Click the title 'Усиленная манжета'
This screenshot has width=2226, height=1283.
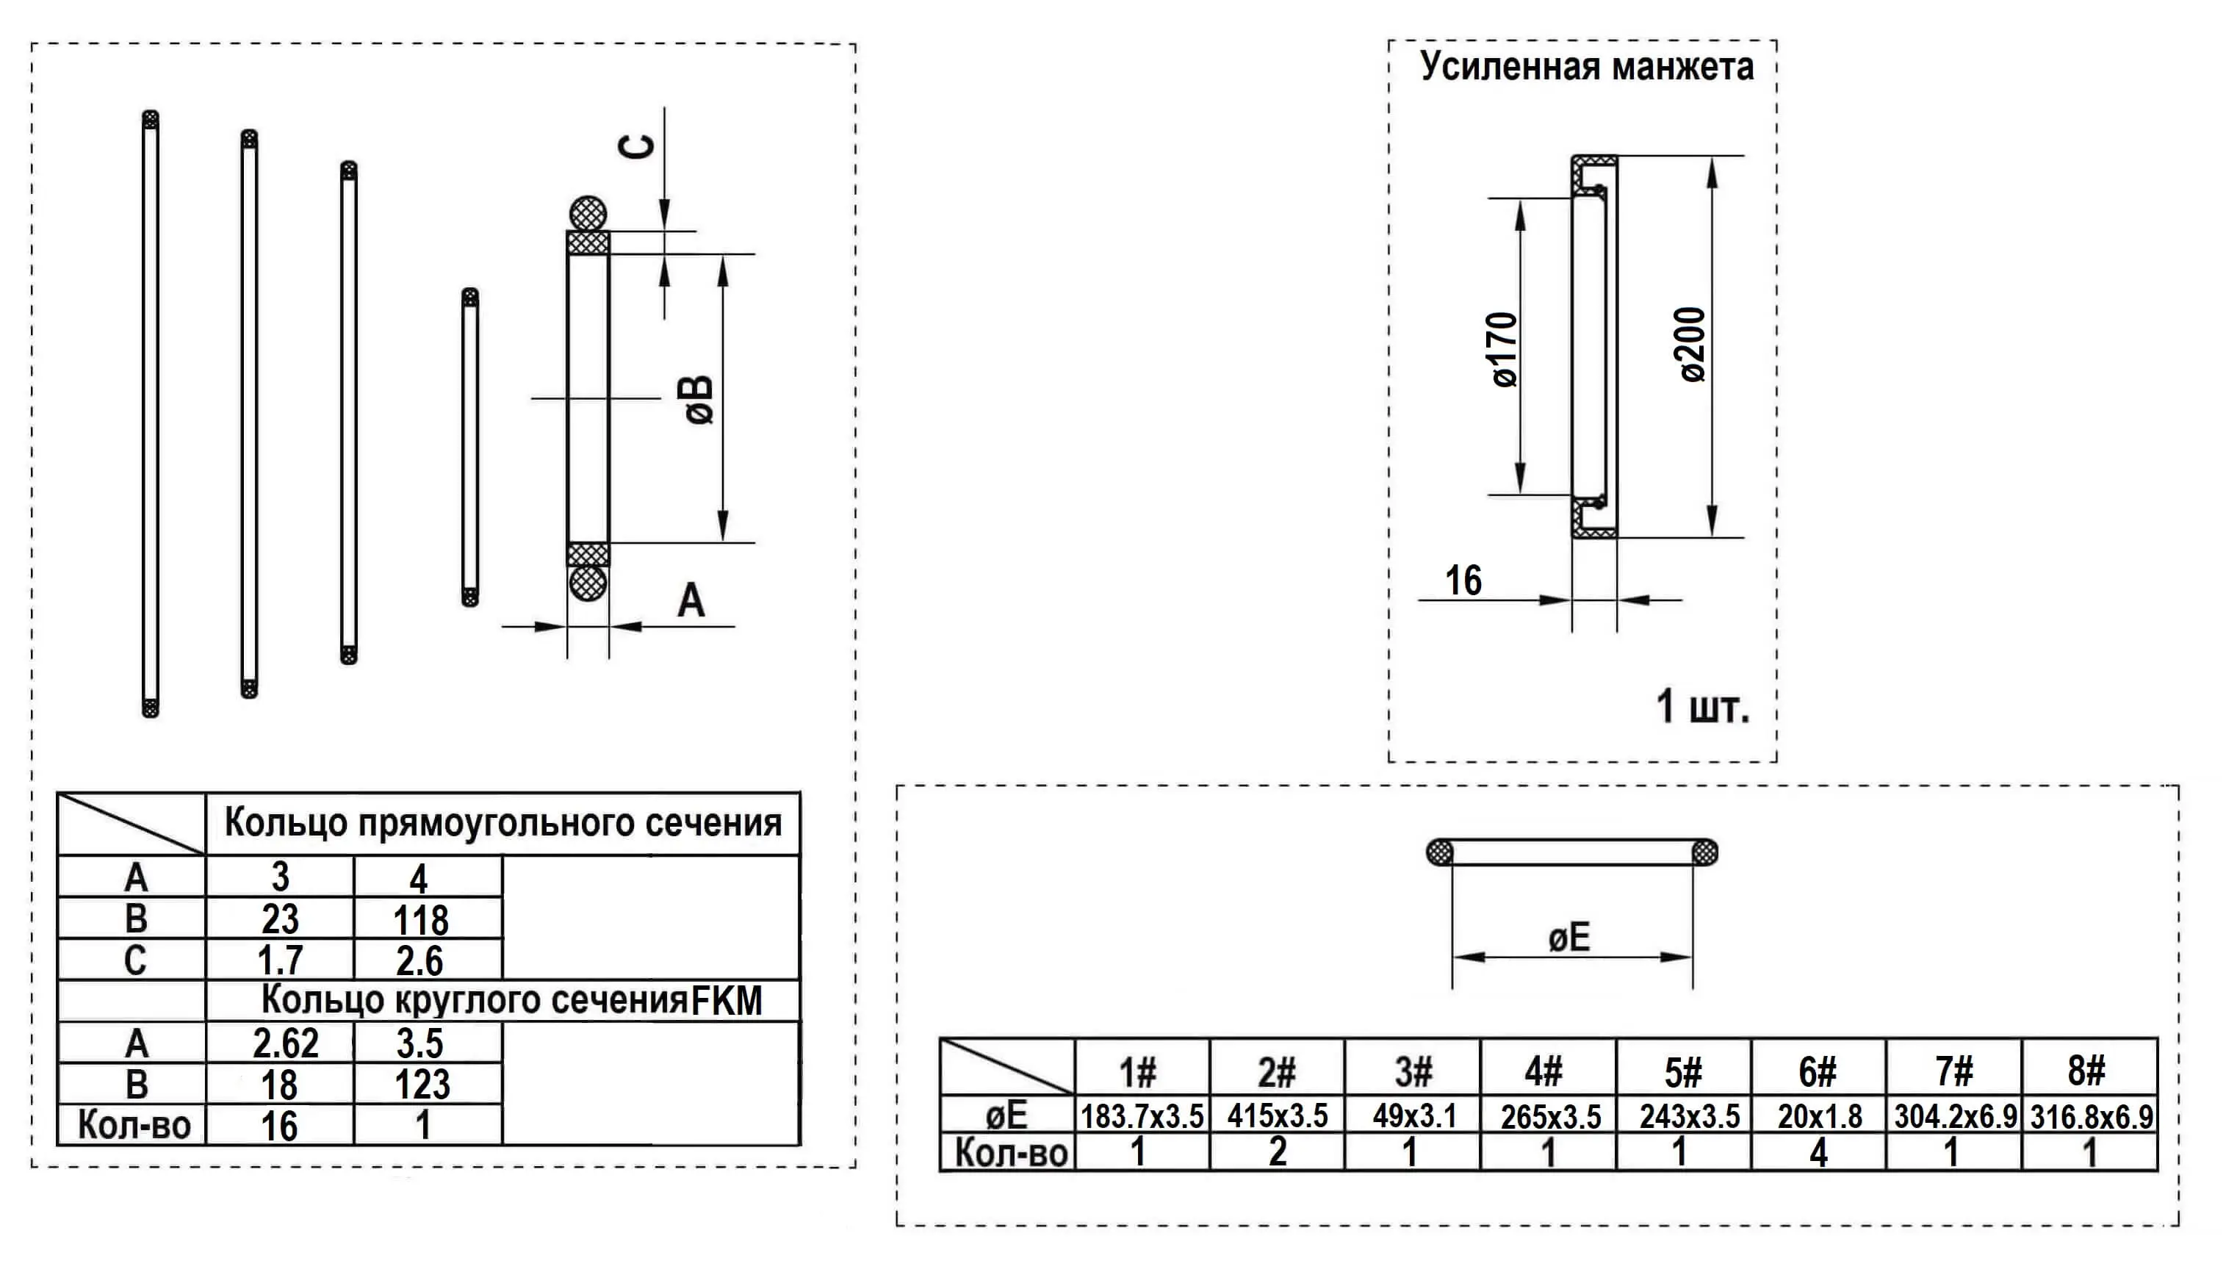pos(1585,67)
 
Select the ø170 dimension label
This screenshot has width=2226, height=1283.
pos(1505,349)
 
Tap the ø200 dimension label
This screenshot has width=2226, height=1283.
pos(1692,345)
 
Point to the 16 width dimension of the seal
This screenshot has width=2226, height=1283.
pos(1463,581)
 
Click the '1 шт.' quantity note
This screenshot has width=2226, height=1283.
pos(1702,707)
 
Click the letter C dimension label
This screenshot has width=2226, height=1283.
pos(638,146)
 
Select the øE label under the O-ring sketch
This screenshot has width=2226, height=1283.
pos(1569,938)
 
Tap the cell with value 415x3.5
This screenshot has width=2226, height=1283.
pos(1278,1116)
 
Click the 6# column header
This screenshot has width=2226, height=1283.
pos(1818,1071)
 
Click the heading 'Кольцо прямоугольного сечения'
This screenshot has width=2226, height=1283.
pos(503,823)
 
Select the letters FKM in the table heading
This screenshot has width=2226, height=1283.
pos(727,1001)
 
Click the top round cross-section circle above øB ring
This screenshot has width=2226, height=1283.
pos(588,213)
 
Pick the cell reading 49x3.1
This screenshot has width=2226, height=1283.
pos(1413,1116)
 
